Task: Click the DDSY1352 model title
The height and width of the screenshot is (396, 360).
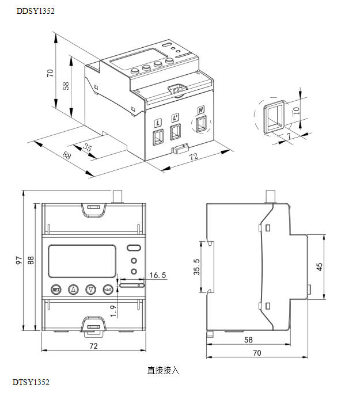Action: click(x=36, y=11)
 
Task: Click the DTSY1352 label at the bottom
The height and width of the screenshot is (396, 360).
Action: click(x=31, y=382)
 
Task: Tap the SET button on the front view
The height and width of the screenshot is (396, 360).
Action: click(x=56, y=290)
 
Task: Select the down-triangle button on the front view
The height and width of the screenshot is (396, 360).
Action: click(x=91, y=290)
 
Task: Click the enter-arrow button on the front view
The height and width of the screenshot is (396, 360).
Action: click(x=108, y=290)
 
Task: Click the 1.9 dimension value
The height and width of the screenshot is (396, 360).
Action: click(x=113, y=311)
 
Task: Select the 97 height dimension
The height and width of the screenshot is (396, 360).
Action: click(x=18, y=261)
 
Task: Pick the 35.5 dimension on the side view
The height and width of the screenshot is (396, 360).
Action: click(x=196, y=267)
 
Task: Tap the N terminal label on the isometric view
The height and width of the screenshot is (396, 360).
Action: click(x=201, y=110)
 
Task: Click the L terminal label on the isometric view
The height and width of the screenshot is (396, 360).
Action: click(x=158, y=123)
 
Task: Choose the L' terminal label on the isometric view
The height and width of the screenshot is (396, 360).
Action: click(x=176, y=116)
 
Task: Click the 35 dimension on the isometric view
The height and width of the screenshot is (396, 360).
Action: click(x=88, y=148)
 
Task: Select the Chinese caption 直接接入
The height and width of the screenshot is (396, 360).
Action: click(x=164, y=370)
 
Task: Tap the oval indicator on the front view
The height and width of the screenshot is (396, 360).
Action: click(x=134, y=249)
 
